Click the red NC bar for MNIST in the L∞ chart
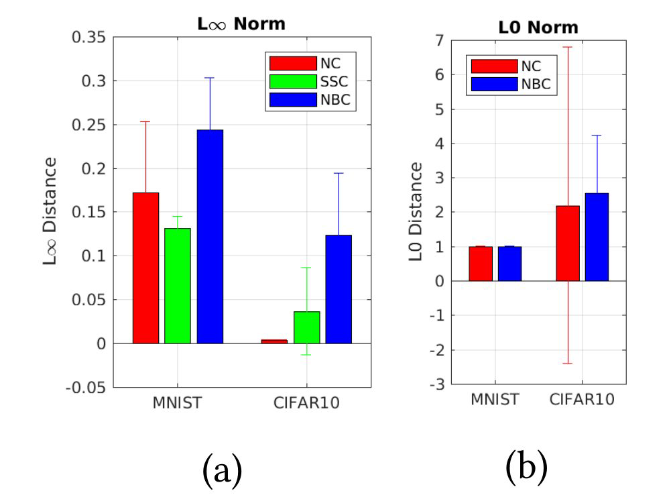point(145,268)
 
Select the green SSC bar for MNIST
point(178,286)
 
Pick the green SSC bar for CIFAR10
point(306,327)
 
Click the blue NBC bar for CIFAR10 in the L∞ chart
point(339,288)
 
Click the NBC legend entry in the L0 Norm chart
point(513,83)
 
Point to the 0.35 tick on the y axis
point(88,37)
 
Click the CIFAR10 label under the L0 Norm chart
point(582,400)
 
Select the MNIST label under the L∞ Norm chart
point(178,404)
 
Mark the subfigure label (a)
point(221,469)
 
